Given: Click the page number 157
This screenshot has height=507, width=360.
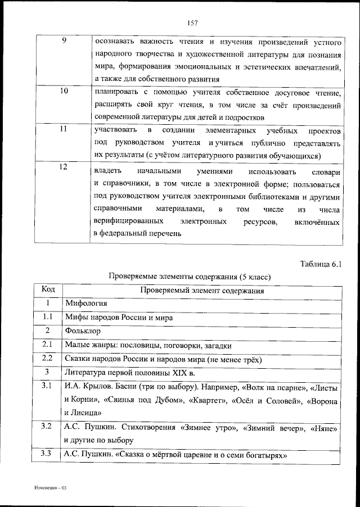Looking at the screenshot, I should coord(191,22).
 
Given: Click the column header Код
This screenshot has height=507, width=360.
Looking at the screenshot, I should coord(48,289).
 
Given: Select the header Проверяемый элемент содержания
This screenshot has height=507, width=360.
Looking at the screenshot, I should coord(202,291).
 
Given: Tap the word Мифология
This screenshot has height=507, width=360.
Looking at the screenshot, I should coord(86,304).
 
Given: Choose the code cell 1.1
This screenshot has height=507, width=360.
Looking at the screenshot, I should coord(48,317).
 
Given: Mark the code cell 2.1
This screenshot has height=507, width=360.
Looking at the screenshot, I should coord(48,345).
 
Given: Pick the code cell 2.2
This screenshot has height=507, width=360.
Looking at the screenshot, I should coord(48,358).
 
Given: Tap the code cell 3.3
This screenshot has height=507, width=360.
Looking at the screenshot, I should coord(47,454).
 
